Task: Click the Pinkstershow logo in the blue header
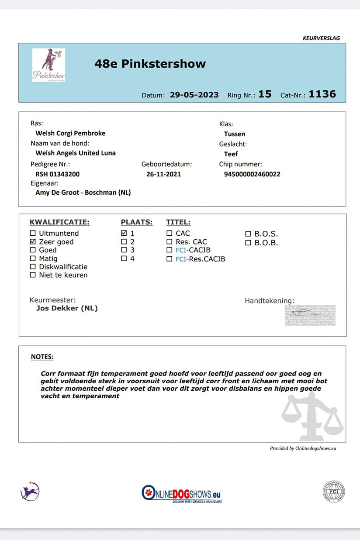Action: tap(48, 65)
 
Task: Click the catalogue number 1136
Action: tap(322, 94)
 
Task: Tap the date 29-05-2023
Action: tap(194, 95)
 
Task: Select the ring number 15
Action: tap(265, 94)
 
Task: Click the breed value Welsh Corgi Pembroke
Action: tap(70, 133)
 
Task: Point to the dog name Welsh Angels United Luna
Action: tap(76, 153)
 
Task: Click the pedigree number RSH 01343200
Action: tap(58, 174)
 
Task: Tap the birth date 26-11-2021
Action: tap(163, 174)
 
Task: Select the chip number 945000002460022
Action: tap(252, 174)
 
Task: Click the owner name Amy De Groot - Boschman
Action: tap(83, 193)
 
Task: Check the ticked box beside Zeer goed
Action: tap(33, 242)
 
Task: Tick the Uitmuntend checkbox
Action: tap(33, 234)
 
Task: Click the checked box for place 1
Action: tap(124, 234)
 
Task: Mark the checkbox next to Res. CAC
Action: tap(170, 242)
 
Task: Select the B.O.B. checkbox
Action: tap(248, 243)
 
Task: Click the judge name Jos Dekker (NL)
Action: tap(67, 308)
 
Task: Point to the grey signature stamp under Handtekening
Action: tap(310, 315)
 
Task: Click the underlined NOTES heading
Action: tap(42, 357)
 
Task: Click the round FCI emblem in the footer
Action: tap(334, 492)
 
